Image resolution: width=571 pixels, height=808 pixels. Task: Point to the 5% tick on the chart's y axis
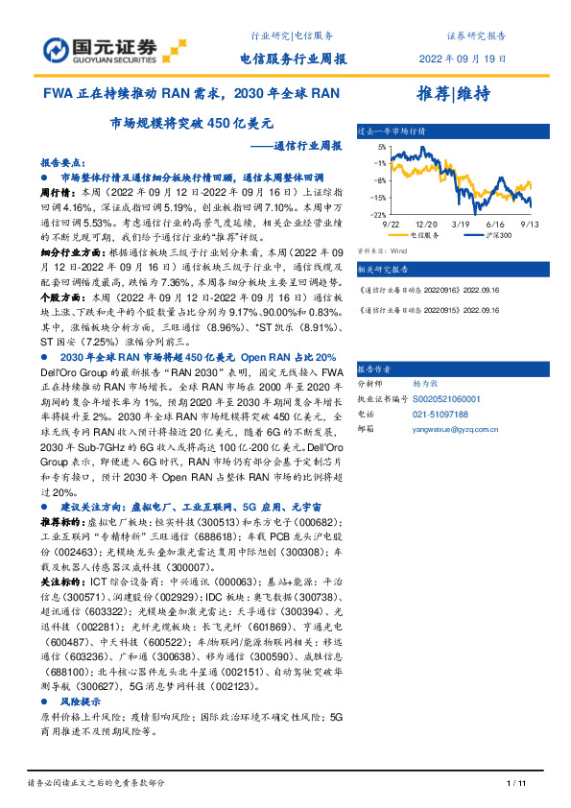(381, 147)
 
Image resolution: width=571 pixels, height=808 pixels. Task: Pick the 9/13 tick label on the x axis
(528, 222)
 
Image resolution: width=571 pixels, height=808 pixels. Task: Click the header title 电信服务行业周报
(293, 59)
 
